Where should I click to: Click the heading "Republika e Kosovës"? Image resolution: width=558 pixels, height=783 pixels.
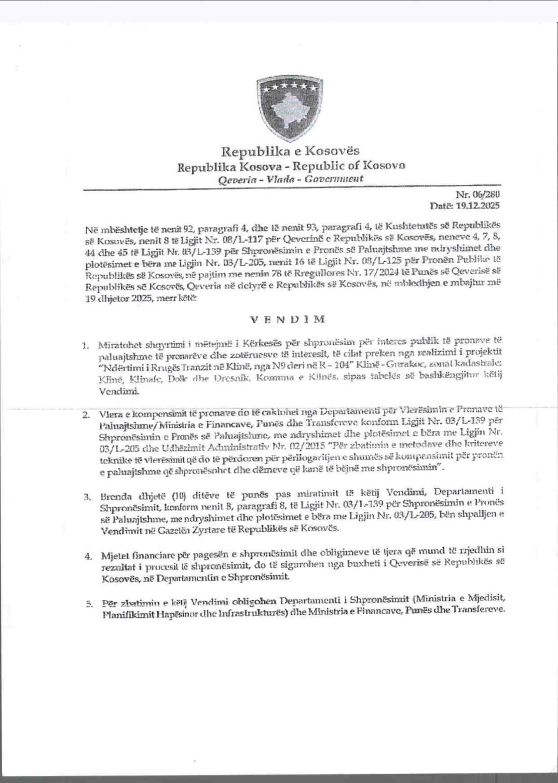tap(290, 152)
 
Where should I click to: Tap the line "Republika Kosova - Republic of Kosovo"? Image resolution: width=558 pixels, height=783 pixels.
tap(291, 166)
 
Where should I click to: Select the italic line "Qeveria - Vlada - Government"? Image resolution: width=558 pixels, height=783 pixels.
tap(291, 179)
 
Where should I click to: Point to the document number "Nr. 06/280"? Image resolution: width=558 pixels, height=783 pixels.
tap(478, 195)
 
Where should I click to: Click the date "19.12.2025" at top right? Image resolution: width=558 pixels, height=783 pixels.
tap(478, 206)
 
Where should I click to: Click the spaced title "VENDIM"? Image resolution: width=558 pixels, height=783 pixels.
tap(288, 319)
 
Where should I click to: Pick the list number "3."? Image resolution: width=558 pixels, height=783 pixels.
tap(87, 496)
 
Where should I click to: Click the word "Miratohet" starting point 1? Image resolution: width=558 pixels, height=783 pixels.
tap(115, 345)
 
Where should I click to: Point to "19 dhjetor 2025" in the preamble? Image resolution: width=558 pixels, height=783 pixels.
tap(114, 300)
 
